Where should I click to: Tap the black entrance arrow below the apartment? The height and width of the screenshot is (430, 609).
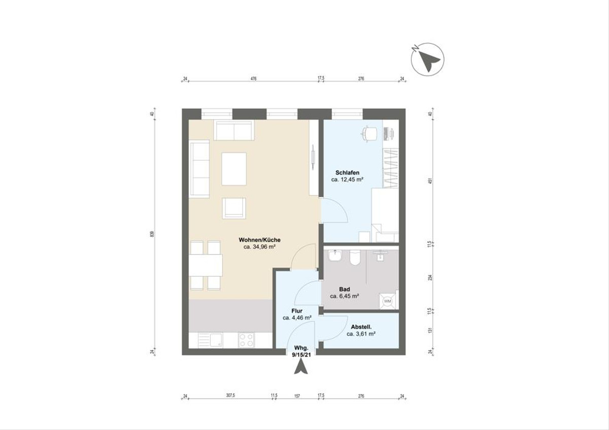tap(301, 367)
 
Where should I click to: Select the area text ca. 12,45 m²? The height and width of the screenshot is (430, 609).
tap(347, 180)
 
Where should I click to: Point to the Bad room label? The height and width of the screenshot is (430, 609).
tap(345, 289)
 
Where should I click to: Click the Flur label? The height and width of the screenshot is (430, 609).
tap(297, 311)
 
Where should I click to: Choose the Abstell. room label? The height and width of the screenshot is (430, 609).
tap(361, 327)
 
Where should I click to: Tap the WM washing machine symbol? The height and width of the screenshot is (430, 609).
tap(388, 301)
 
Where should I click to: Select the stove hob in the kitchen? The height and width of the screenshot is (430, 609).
tap(247, 340)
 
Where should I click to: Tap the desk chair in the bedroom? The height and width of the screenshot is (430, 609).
tap(369, 132)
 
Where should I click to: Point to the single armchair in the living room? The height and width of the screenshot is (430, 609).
tap(233, 208)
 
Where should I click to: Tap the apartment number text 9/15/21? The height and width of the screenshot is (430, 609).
tap(301, 356)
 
